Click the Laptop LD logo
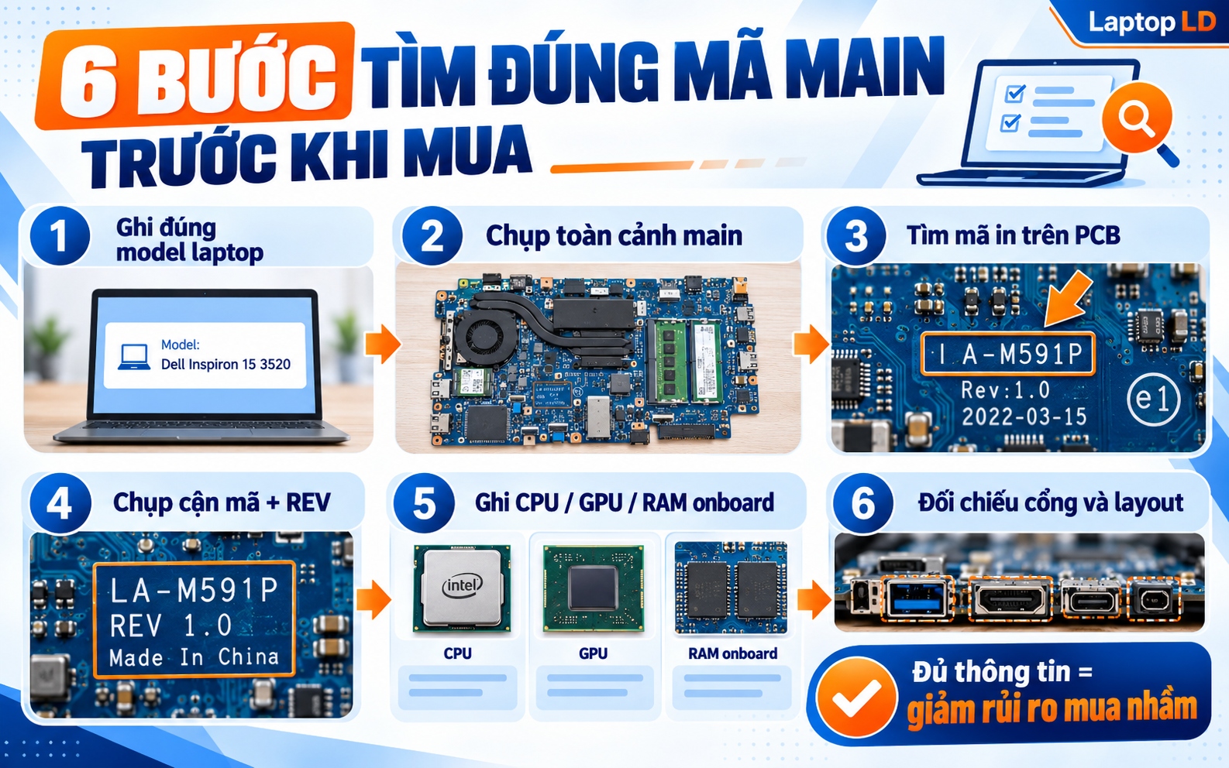click(1152, 22)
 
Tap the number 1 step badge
click(59, 235)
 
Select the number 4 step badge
click(60, 503)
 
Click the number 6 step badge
click(862, 503)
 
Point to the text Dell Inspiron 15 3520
click(225, 364)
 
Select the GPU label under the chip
click(593, 653)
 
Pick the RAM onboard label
click(732, 653)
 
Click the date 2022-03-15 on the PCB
click(1024, 417)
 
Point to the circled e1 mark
click(1153, 399)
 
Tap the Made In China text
click(194, 657)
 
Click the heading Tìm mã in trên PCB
click(1013, 235)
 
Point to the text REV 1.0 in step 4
click(170, 625)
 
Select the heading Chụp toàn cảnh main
click(614, 235)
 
